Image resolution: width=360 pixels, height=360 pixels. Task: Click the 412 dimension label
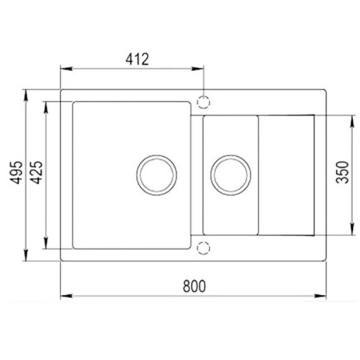(x=133, y=60)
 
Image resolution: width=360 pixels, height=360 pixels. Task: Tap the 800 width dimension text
(x=194, y=286)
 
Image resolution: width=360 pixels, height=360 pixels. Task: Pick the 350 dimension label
(x=343, y=175)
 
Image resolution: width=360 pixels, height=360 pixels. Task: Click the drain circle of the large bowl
(x=156, y=174)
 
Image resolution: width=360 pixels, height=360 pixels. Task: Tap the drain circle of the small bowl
(x=230, y=174)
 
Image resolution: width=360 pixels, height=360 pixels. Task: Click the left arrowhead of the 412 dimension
(x=64, y=70)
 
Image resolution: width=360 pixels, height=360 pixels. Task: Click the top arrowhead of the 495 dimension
(x=27, y=94)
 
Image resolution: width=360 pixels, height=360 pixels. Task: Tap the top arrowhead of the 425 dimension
(x=48, y=105)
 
